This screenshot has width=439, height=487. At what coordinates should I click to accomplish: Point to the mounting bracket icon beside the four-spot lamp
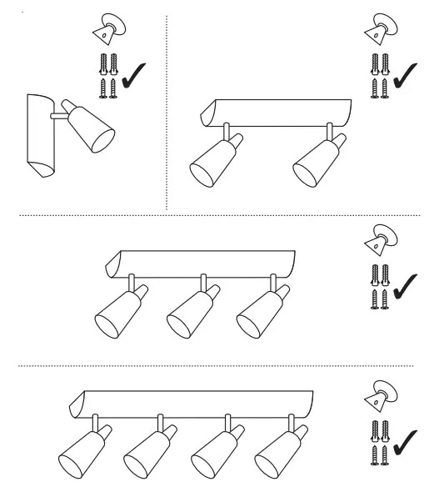pos(379,396)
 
